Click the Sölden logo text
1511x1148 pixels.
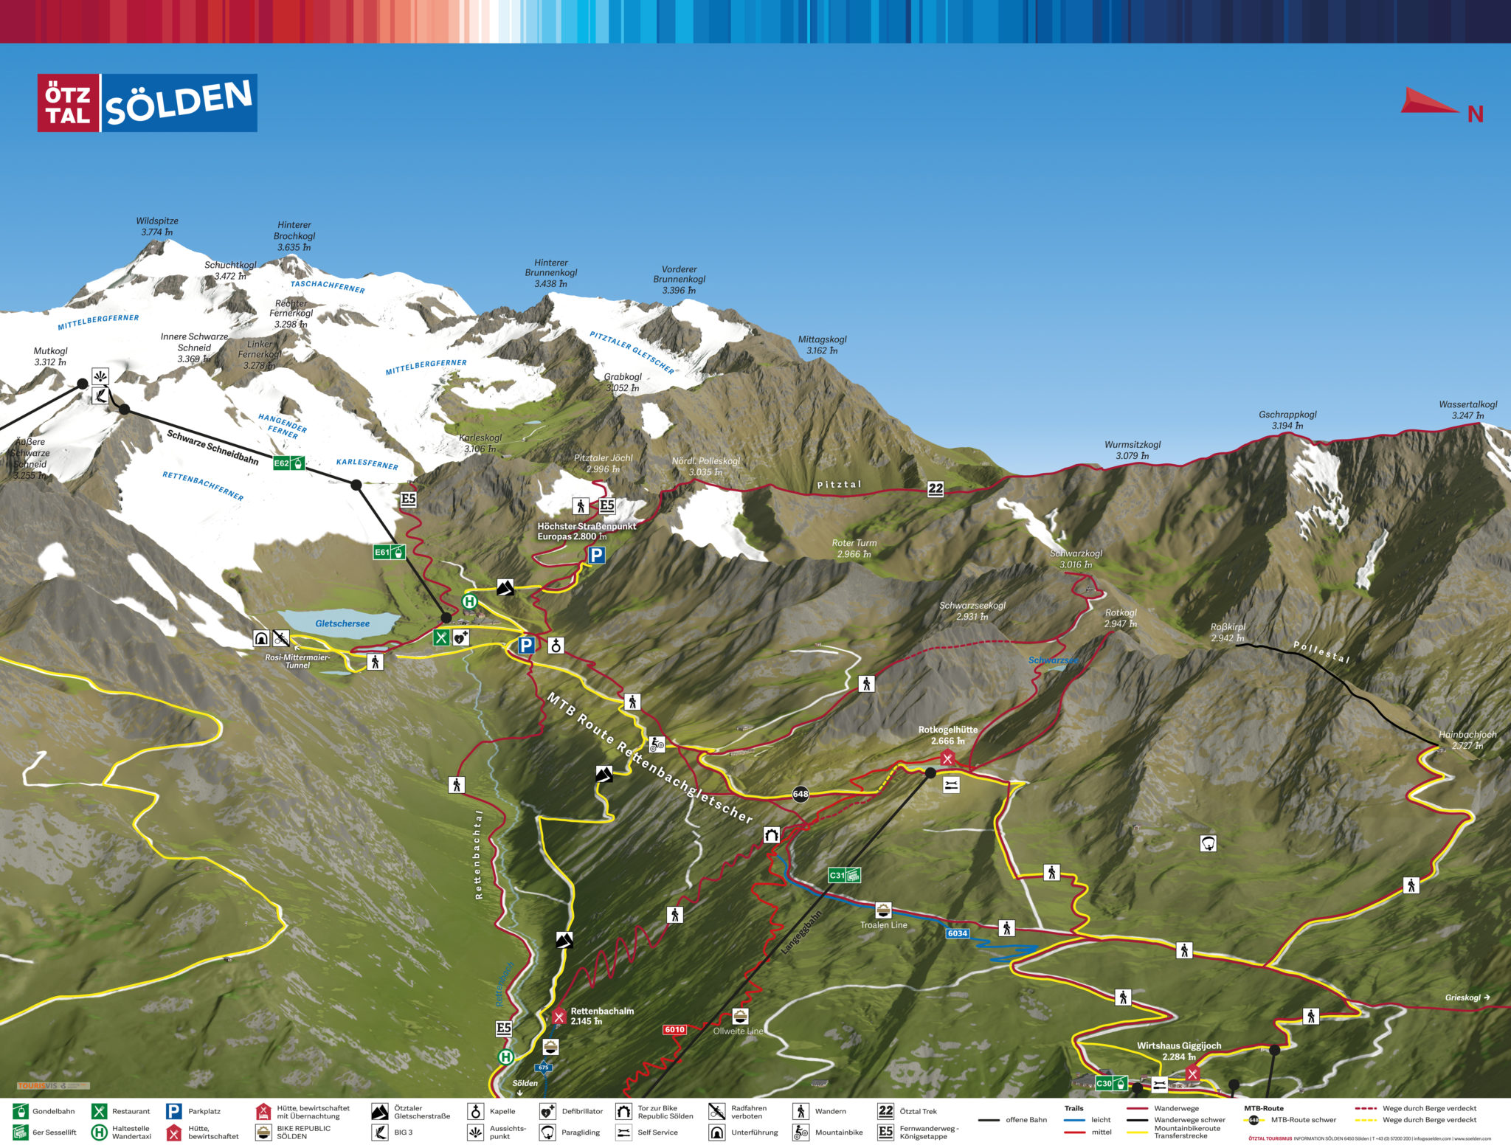coord(179,103)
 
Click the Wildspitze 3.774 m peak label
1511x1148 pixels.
coord(157,227)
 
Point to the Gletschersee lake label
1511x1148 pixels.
coord(342,623)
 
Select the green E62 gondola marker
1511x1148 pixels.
coord(288,463)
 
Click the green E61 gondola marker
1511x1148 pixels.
coord(389,552)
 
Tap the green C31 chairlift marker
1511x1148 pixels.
coord(844,875)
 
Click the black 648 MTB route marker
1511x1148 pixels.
coord(801,794)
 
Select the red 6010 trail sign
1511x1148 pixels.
coord(674,1029)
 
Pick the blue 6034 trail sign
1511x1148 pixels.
coord(957,933)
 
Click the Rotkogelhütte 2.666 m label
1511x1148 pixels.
coord(947,735)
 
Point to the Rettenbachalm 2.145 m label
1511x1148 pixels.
coord(601,1016)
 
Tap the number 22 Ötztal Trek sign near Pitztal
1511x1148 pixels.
coord(936,488)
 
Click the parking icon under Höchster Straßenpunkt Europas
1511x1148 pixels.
coord(596,555)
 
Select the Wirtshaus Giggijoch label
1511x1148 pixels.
coord(1178,1051)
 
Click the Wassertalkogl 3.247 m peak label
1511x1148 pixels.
coord(1467,409)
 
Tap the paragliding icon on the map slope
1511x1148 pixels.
coord(1208,843)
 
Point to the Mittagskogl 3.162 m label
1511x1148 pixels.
coord(822,345)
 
